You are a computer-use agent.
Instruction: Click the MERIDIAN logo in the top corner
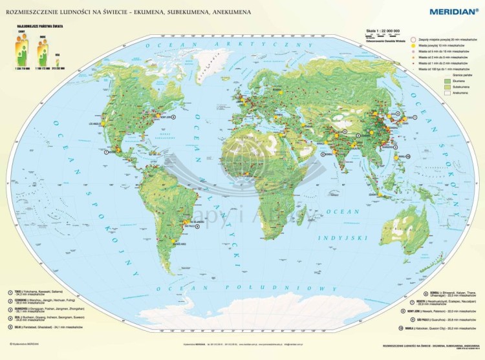tap(449, 10)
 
